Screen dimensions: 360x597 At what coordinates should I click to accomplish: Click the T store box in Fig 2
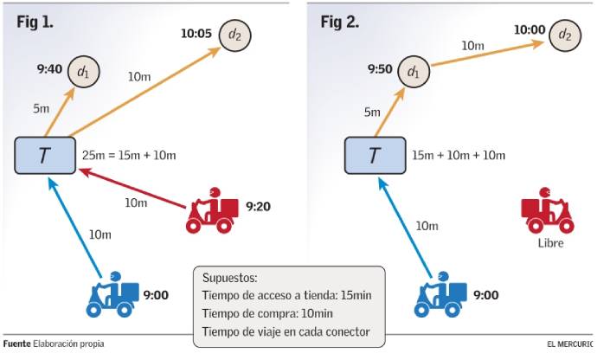click(375, 156)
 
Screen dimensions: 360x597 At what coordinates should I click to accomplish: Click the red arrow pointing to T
click(130, 189)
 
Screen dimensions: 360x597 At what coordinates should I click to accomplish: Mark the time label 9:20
click(259, 207)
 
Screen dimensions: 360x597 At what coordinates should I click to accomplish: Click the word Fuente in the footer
click(16, 344)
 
